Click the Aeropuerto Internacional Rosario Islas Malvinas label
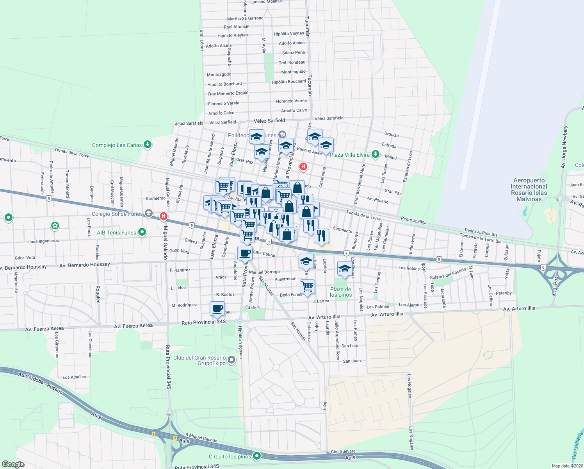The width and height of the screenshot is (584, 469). coord(529,190)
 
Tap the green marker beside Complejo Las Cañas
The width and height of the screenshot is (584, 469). coord(148,145)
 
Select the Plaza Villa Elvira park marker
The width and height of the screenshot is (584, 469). coord(376,154)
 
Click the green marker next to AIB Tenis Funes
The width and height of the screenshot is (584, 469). coord(142,232)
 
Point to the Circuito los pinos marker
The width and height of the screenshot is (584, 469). coord(257,456)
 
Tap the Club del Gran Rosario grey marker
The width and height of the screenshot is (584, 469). coord(231,360)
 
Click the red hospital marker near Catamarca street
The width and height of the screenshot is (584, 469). coord(303,167)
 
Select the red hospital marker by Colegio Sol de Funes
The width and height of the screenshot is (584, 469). coord(164,216)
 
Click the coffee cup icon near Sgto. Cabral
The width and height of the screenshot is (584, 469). coord(245,253)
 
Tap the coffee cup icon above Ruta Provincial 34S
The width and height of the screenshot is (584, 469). coord(217,308)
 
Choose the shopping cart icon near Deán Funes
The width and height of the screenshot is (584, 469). coord(308,286)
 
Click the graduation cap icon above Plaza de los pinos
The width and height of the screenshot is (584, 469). coord(344,268)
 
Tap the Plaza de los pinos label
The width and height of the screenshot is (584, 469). coord(340,292)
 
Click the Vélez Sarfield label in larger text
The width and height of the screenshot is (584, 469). coord(269,121)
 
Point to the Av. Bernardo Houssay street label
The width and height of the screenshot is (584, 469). coord(85,265)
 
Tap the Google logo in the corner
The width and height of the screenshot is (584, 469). coord(13,464)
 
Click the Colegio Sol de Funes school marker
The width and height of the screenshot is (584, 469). coord(148,213)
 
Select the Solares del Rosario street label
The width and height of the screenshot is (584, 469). coord(448,274)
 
